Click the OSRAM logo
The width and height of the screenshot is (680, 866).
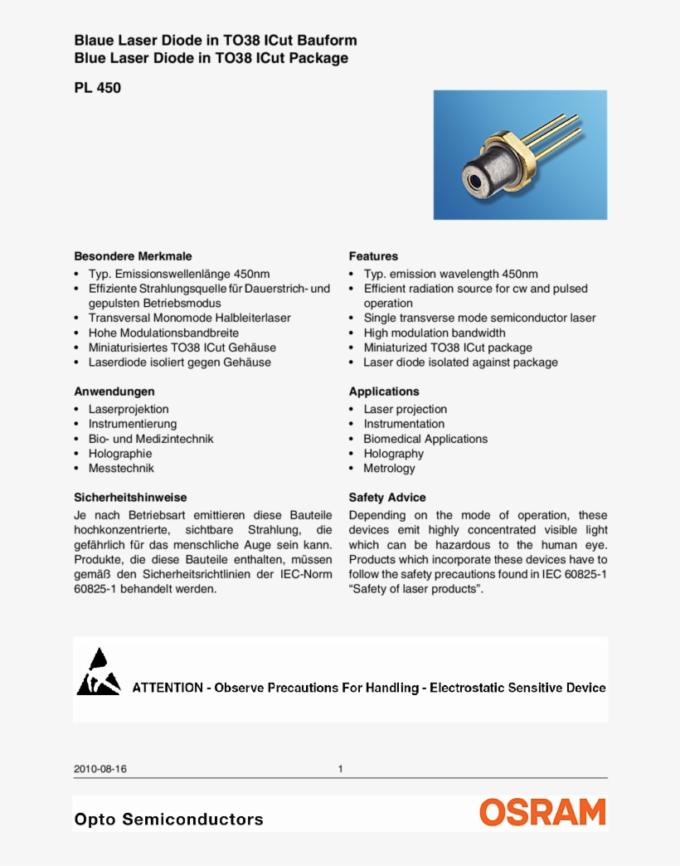point(543,812)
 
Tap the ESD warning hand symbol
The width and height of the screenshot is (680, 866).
point(98,674)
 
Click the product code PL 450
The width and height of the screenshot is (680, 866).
point(97,86)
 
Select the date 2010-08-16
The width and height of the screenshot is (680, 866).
point(100,769)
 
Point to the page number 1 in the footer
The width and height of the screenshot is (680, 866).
point(340,769)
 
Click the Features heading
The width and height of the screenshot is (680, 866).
point(373,256)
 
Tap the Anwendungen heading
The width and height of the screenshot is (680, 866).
point(114,392)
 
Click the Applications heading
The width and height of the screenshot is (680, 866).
point(384,392)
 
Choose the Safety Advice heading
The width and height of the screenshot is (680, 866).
point(387,498)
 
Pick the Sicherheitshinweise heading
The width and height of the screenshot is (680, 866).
point(130,498)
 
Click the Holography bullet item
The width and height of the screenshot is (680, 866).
point(393,454)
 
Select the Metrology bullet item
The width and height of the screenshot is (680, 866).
point(389,469)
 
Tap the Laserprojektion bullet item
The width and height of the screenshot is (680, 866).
point(129,409)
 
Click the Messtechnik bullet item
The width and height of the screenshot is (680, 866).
point(121,469)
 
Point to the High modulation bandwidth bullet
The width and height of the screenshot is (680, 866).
point(434,333)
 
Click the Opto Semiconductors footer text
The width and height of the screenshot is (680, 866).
point(168,820)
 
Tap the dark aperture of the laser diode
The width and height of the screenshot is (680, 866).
point(474,178)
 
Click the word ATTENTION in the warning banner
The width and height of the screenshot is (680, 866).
point(168,688)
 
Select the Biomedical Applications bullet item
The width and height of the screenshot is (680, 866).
point(425,439)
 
